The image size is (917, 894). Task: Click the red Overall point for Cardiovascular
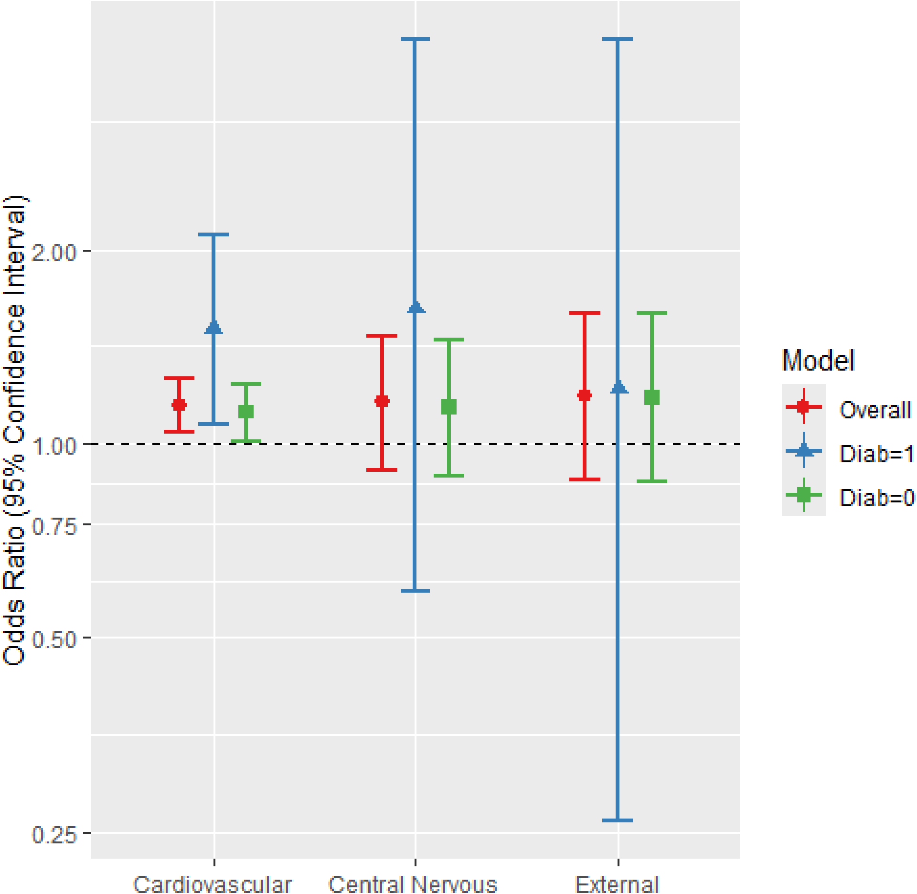coord(179,405)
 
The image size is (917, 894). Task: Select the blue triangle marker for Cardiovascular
coord(213,327)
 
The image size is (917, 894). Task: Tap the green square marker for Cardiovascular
coord(246,411)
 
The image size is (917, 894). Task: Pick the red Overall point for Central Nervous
coord(382,401)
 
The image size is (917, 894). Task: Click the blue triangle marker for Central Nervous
coord(416,307)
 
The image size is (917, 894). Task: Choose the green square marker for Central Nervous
coord(449,407)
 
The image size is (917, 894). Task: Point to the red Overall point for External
coord(585,395)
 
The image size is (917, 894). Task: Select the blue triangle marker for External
coord(619,387)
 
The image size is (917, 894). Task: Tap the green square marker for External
coord(652,397)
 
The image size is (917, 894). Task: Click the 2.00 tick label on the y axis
coord(54,252)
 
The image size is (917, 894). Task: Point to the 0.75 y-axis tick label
coord(54,526)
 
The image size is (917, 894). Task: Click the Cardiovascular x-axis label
coord(213,883)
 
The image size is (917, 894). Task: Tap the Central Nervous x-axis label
coord(413,883)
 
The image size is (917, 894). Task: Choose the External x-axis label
coord(618,883)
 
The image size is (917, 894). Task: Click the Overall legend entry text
coord(875,410)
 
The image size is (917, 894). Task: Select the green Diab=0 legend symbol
coord(804,495)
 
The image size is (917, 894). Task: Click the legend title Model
coord(818,361)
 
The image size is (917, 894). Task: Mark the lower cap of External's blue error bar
coord(618,820)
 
